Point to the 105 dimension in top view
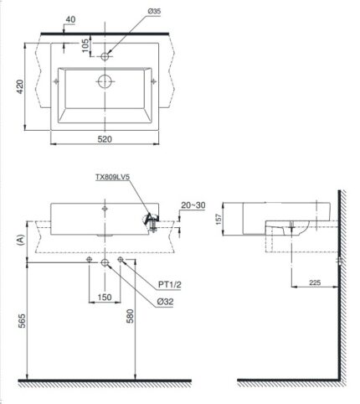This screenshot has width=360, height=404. point(86,44)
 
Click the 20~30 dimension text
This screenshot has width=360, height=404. point(191,205)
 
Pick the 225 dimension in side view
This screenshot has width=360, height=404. point(313,283)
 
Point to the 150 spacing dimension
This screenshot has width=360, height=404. point(105,298)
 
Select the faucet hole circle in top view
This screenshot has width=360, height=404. point(105,56)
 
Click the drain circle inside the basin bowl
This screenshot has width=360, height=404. point(105,82)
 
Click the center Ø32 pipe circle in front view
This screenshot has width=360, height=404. point(105,262)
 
